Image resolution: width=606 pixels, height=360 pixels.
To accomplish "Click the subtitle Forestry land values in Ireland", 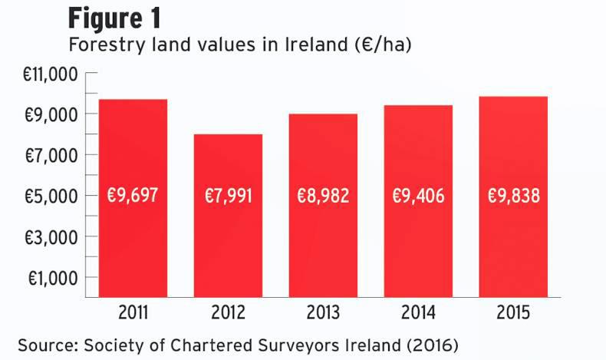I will pos(240,45).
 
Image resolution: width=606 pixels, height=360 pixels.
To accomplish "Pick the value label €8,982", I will pos(323,196).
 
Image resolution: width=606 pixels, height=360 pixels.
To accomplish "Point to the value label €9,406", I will pos(418,196).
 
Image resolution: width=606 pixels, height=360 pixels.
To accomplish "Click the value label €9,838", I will pos(513,196).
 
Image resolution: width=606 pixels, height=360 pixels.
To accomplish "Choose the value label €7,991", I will pos(228,196).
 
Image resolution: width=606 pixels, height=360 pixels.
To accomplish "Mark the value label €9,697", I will pos(133,196).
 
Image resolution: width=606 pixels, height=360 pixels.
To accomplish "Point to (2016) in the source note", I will pos(433,342).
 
